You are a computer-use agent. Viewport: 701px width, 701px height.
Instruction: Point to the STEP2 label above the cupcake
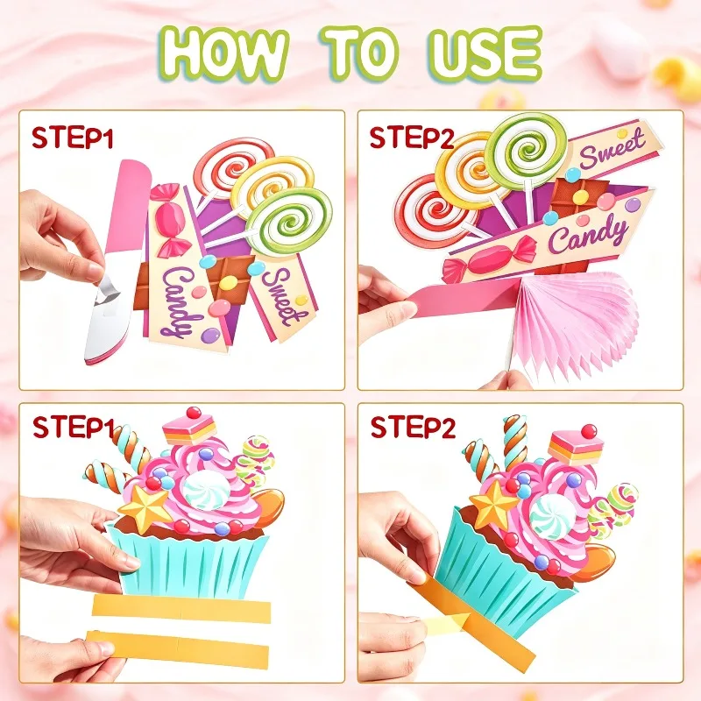[x=413, y=428]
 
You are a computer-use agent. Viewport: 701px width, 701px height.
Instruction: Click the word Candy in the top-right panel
[x=587, y=236]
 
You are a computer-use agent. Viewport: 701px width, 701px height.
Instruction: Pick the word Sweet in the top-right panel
[x=612, y=147]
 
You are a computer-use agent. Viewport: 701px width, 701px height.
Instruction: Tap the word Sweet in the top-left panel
[x=281, y=296]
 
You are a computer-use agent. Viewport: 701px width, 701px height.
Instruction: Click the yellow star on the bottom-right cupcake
[x=493, y=505]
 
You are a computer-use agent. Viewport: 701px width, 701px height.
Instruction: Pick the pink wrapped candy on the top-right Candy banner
[x=490, y=258]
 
